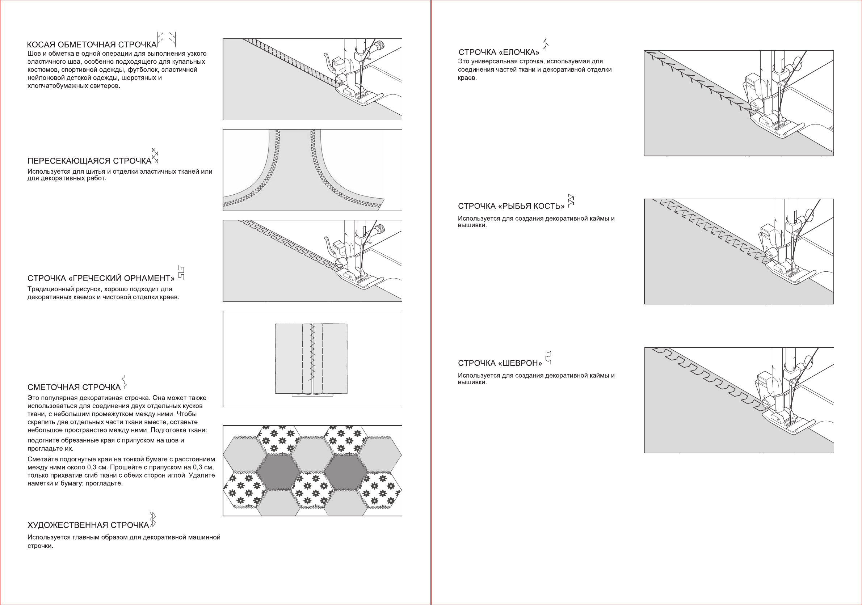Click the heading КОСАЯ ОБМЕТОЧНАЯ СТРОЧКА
tap(92, 45)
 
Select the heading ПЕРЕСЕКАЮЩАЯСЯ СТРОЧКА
tap(89, 161)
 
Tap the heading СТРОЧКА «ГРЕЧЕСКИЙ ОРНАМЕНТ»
tap(101, 278)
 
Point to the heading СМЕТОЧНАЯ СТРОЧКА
tap(74, 387)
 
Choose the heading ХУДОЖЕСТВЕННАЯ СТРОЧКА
tap(88, 525)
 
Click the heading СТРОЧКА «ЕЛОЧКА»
tap(499, 52)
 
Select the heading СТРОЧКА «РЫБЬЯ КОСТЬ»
tap(511, 206)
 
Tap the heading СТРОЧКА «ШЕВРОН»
tap(500, 363)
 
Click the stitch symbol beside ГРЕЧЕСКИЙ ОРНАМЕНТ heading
tap(181, 273)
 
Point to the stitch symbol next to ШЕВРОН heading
tap(548, 358)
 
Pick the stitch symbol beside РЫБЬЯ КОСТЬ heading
tap(571, 201)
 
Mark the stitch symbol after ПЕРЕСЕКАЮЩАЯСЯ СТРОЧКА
tap(155, 155)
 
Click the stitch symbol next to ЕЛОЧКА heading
tap(546, 44)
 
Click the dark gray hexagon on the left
tap(278, 471)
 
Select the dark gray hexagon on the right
tap(346, 471)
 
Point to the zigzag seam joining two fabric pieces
tap(312, 353)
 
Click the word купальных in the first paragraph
tap(190, 62)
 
